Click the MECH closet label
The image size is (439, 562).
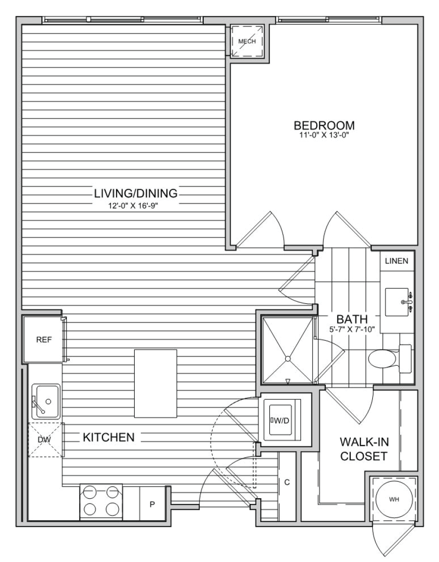coord(247,41)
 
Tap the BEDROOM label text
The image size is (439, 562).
coord(324,125)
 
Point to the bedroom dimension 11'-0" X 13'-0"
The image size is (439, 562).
coord(324,135)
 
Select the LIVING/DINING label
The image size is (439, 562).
coord(136,193)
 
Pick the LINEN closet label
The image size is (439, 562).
coord(396,261)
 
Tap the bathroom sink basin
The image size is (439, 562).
coord(397,302)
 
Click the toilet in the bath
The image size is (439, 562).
coord(390,359)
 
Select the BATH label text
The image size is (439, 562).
coord(352,319)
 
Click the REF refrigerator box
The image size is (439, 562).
coord(44,339)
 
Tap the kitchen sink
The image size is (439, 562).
coord(46,401)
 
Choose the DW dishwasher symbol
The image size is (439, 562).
coord(46,440)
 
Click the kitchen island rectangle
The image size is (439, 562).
coord(156,383)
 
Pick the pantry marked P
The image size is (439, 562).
coord(152,503)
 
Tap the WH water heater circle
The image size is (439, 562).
coord(394,499)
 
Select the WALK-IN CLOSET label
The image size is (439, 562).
coord(364,449)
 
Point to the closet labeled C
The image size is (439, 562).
coord(287,482)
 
